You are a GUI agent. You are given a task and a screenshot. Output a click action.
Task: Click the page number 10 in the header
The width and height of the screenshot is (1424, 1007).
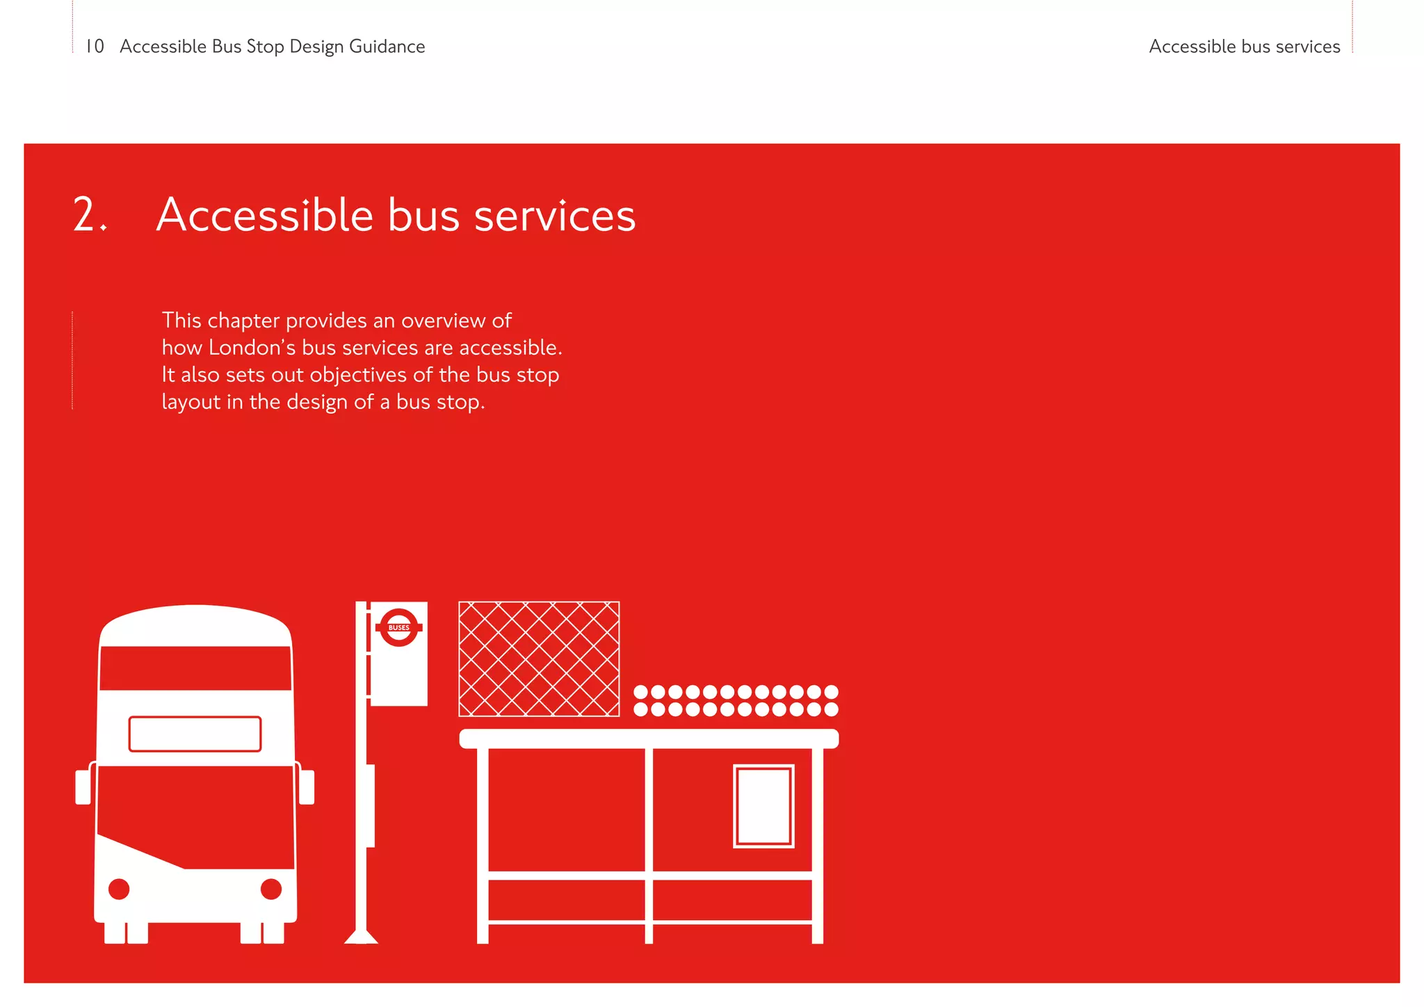click(x=95, y=47)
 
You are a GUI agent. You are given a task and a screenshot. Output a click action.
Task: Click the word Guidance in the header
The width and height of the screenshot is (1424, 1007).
click(x=387, y=47)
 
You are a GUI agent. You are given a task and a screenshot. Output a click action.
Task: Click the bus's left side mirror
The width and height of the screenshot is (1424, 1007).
click(x=83, y=787)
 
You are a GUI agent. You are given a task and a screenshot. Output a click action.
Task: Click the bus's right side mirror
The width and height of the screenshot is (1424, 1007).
click(x=307, y=787)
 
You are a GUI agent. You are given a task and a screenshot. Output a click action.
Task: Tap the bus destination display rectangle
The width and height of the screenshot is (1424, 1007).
click(x=195, y=734)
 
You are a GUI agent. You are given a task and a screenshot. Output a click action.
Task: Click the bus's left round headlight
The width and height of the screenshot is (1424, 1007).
click(x=119, y=889)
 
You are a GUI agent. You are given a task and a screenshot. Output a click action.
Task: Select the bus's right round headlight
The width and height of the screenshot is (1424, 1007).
click(x=271, y=889)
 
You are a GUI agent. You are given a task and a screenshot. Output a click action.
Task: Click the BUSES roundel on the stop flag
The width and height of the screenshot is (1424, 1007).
click(x=398, y=627)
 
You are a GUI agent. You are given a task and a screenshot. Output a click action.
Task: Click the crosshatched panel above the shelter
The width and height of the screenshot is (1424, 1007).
click(x=539, y=659)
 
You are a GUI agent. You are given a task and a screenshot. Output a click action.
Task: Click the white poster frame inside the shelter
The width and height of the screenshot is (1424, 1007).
click(x=763, y=806)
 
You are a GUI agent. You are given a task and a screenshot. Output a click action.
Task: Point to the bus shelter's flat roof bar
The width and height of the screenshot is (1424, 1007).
click(x=649, y=739)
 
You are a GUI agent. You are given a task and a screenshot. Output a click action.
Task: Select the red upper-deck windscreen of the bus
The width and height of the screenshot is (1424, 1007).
click(x=195, y=668)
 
